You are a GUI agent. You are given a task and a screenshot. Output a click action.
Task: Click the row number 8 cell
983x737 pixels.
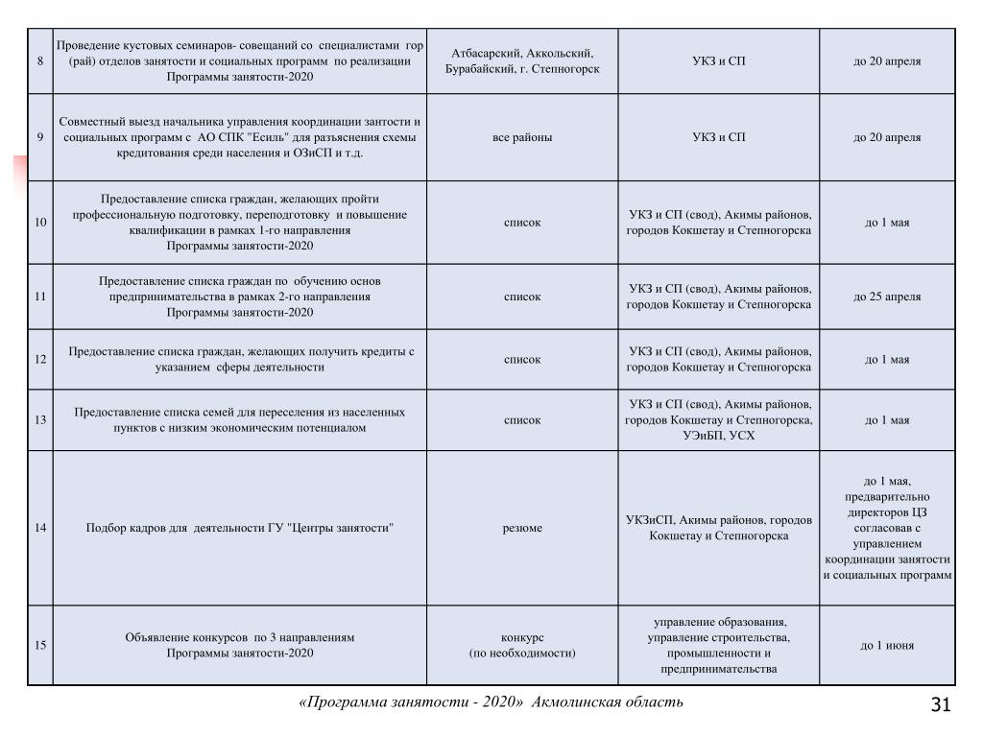pos(39,61)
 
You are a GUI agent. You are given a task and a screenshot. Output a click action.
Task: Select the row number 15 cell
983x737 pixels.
pos(39,645)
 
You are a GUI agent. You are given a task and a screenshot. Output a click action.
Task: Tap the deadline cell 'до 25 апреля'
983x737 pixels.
pos(887,297)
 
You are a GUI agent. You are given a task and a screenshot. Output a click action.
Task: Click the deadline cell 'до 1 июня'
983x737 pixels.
pos(887,645)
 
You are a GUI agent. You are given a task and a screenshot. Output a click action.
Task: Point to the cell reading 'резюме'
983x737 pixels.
pos(522,528)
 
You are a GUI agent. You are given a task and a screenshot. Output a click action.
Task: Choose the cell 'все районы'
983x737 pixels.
pos(522,137)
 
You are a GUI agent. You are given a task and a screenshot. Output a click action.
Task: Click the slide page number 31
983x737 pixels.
pos(941,706)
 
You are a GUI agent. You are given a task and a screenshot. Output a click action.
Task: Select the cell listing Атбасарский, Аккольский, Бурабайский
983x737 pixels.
pos(522,61)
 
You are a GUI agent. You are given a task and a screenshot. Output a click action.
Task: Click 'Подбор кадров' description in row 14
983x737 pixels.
pos(240,528)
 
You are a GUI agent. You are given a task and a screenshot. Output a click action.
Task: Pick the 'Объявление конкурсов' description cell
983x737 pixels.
pos(240,645)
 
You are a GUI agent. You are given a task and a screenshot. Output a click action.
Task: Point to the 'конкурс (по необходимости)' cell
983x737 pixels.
pos(522,645)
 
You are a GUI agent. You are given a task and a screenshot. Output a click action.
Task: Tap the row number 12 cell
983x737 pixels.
pos(39,360)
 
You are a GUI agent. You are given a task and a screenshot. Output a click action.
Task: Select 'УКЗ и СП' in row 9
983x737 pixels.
pos(718,137)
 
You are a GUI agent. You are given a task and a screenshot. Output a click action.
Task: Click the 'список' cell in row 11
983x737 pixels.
pos(522,297)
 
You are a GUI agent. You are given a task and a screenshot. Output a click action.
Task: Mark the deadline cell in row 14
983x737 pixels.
pos(887,528)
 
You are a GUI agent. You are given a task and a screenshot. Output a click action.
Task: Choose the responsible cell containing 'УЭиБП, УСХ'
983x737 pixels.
pos(718,420)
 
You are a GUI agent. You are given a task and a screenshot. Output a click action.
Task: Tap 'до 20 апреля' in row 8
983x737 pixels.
pos(887,61)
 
